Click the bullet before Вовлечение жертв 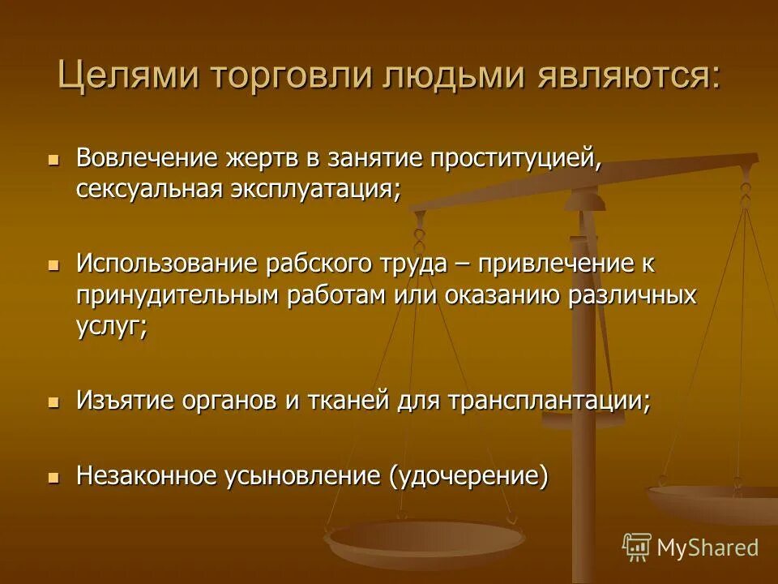(54, 159)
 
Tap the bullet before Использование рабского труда (54, 265)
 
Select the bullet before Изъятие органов (54, 401)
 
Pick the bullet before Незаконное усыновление (54, 477)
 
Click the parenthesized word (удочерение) (469, 476)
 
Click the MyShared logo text (707, 547)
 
